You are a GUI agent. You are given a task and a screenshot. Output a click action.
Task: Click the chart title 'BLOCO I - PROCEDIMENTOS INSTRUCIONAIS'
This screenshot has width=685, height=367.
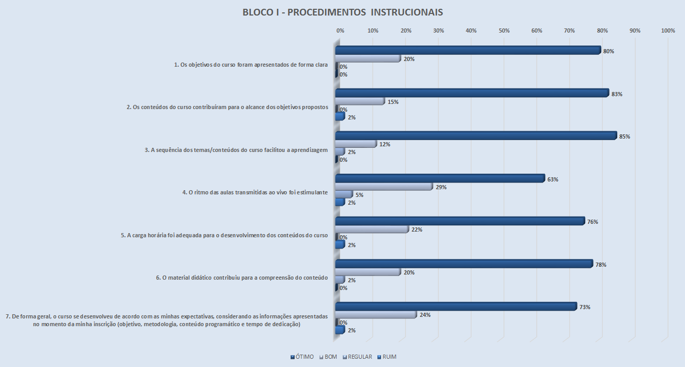[x=343, y=12]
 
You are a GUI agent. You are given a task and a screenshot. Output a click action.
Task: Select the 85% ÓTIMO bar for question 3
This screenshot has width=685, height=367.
[x=476, y=136]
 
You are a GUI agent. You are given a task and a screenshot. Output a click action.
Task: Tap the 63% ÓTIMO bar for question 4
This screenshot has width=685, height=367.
[x=439, y=178]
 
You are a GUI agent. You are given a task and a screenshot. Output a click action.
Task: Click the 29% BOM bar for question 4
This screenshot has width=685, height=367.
[x=384, y=187]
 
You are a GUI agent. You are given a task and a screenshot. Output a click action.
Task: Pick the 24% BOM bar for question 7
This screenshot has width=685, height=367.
[x=375, y=314]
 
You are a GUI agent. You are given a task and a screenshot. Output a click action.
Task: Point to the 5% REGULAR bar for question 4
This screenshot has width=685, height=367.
[x=344, y=194]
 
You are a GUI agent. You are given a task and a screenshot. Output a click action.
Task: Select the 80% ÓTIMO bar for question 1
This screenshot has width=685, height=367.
[x=468, y=51]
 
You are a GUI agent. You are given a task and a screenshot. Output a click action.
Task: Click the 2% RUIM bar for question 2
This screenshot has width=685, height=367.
[x=340, y=117]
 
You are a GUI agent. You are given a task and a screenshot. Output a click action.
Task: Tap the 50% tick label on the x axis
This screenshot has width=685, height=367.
[x=504, y=31]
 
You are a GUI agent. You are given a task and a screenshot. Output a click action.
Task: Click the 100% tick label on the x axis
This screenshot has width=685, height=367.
[x=668, y=31]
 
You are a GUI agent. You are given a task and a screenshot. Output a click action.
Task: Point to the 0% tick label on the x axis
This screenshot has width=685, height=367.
[x=340, y=31]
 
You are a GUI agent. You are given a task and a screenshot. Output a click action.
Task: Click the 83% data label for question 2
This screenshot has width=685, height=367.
[x=616, y=94]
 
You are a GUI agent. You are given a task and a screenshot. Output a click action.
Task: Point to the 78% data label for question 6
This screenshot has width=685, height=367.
[x=600, y=265]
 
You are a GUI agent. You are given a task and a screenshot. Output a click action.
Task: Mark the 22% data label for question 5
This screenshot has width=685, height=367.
[x=417, y=230]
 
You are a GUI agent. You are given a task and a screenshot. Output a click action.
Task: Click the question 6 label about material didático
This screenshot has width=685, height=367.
[x=242, y=278]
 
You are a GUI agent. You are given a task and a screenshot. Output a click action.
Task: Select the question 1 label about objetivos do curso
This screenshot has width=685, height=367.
[x=251, y=65]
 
